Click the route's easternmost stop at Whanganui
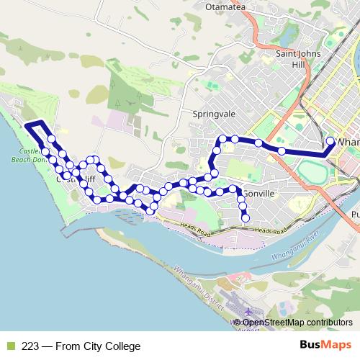(x=330, y=141)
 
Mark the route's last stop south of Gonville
(x=245, y=217)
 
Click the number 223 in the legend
(x=30, y=346)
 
